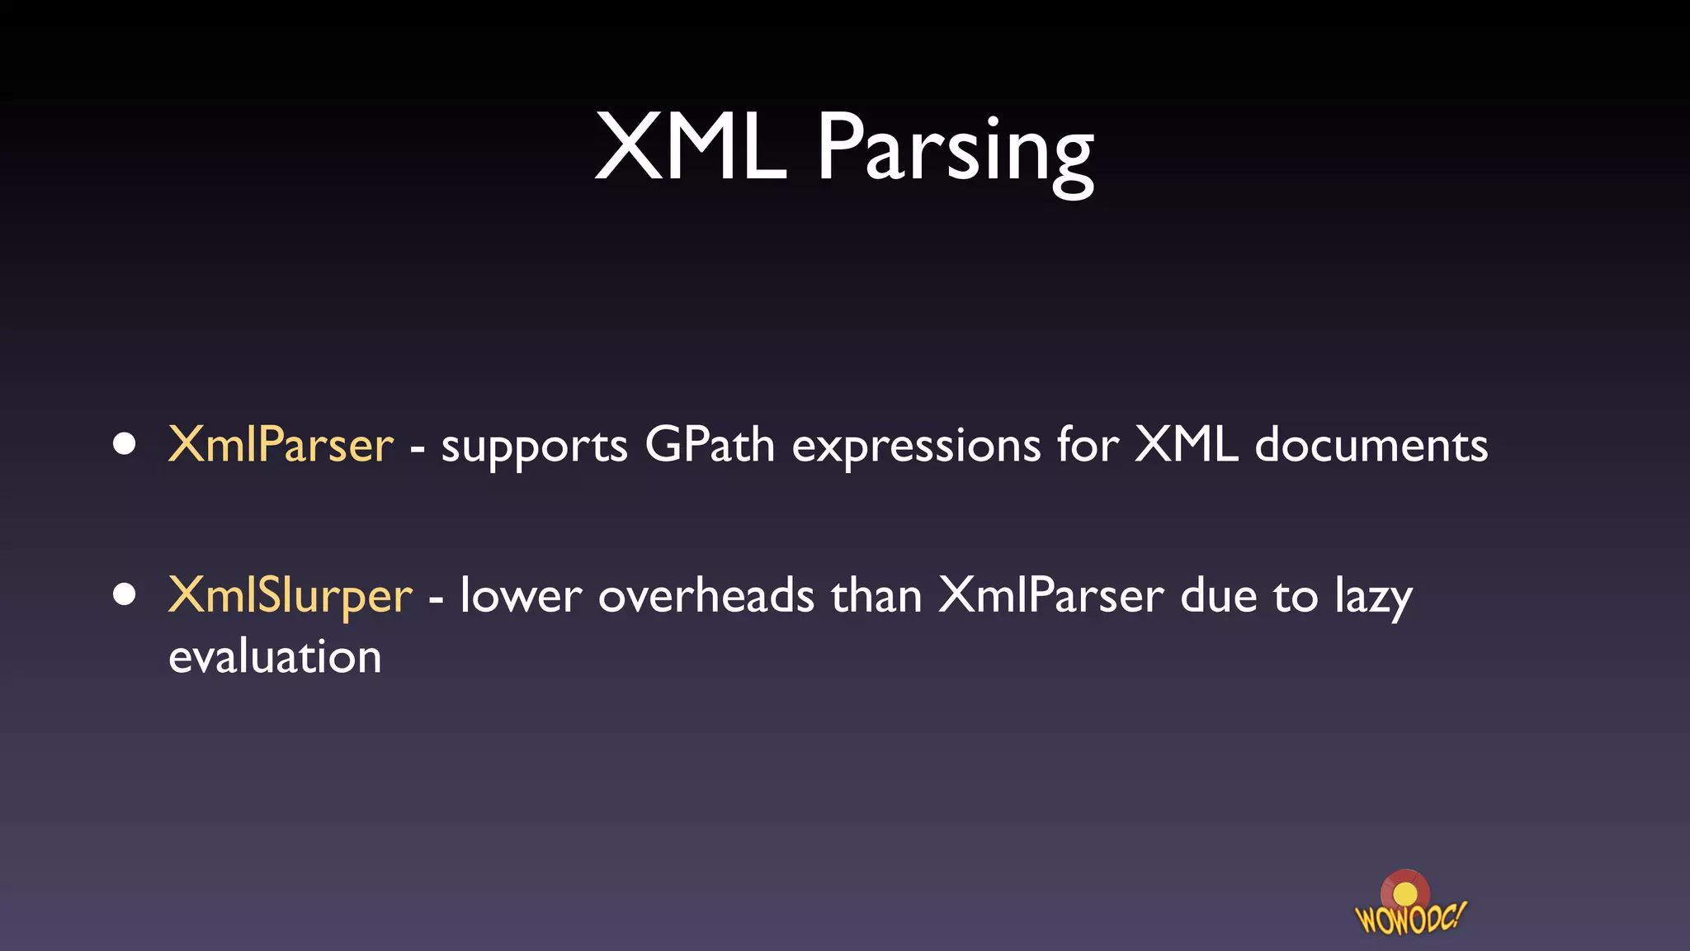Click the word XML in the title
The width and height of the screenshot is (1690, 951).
(x=691, y=149)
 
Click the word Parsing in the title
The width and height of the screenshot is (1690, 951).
(x=956, y=153)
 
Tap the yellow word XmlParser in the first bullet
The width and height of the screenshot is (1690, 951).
(x=281, y=445)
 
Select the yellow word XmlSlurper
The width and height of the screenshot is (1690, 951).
(x=290, y=596)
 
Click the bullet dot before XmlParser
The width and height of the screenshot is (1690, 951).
(x=125, y=445)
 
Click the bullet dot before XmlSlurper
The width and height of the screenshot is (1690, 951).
(x=125, y=595)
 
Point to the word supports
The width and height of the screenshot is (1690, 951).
(x=534, y=448)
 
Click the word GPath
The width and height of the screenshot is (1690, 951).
(x=710, y=445)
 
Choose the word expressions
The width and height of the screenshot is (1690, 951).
(x=916, y=448)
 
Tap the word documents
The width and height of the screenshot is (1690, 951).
(x=1371, y=445)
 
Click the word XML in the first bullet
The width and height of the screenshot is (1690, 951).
(x=1186, y=445)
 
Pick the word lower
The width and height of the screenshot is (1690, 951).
(x=521, y=596)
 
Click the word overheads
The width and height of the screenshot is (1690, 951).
(x=706, y=596)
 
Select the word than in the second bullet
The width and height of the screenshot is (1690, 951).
(x=876, y=596)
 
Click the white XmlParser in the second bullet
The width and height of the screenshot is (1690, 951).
(x=1051, y=596)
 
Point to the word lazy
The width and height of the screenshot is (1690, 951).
(x=1374, y=598)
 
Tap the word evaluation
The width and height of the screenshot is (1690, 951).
(x=275, y=657)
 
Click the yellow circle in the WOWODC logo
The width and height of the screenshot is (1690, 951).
(x=1404, y=894)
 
